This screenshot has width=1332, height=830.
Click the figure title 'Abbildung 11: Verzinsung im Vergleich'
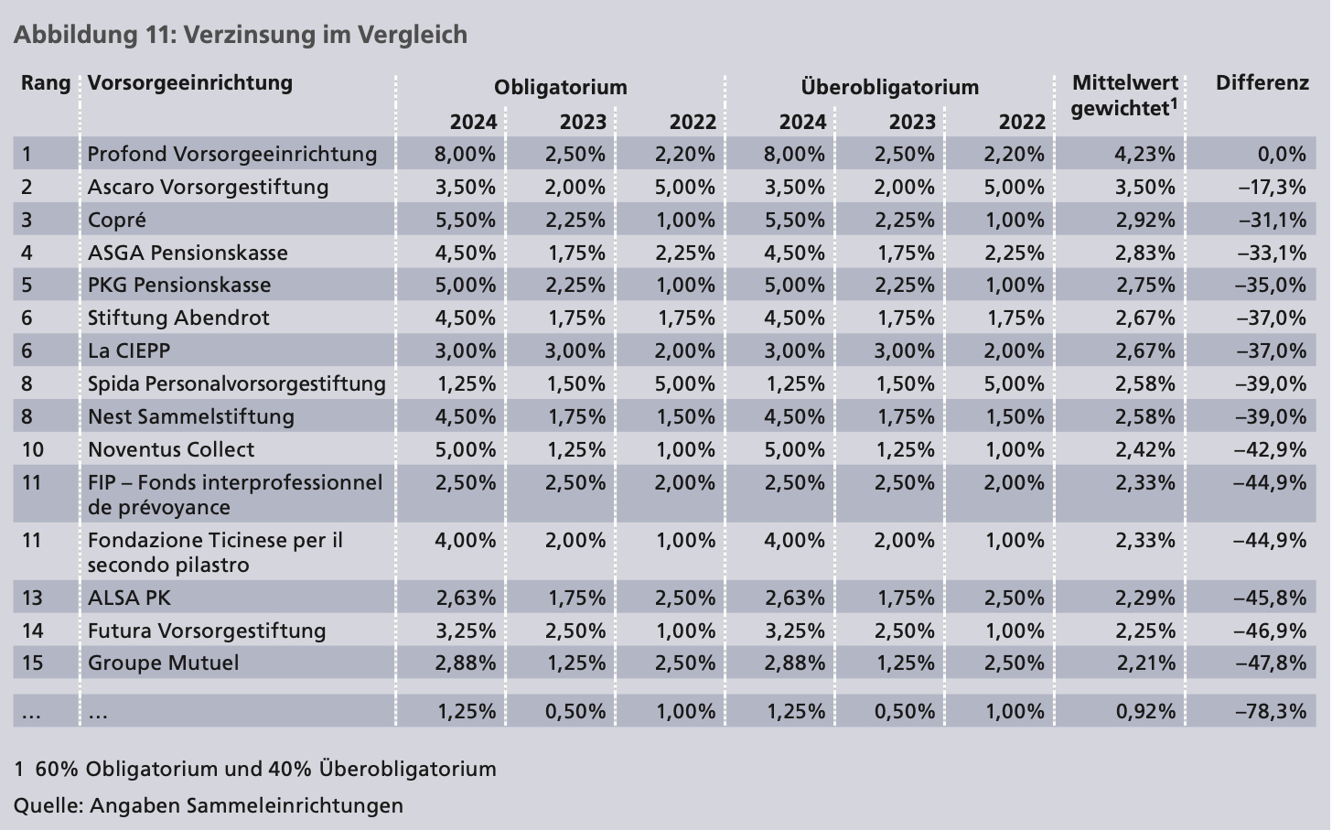tap(240, 35)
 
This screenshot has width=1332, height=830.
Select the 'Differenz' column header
tap(1262, 83)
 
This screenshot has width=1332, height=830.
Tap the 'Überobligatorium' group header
tap(889, 88)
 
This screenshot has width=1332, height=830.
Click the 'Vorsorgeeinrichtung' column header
tap(190, 83)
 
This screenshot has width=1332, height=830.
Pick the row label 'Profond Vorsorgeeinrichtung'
tap(232, 154)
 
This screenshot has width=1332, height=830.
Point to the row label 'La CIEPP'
tap(129, 350)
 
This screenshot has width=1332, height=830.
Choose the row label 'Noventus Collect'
tap(171, 449)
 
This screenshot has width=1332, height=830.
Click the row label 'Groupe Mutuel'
tap(163, 663)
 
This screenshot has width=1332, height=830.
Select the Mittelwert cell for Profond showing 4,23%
tap(1144, 154)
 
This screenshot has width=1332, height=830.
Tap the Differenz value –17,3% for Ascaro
tap(1272, 187)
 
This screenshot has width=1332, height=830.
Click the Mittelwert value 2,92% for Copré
tap(1144, 220)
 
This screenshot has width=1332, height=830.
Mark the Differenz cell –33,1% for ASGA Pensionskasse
tap(1272, 253)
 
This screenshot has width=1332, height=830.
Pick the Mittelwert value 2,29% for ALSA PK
tap(1144, 598)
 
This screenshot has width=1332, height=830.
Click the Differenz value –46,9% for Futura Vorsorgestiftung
tap(1272, 631)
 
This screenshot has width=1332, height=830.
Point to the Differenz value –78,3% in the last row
tap(1272, 711)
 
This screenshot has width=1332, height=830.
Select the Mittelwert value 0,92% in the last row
tap(1144, 711)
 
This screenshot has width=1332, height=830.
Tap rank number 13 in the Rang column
tap(32, 598)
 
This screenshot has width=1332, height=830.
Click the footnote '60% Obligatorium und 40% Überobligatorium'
tap(265, 769)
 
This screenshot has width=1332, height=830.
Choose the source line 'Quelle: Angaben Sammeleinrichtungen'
tap(208, 805)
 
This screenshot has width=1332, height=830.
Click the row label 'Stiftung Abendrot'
tap(178, 318)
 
